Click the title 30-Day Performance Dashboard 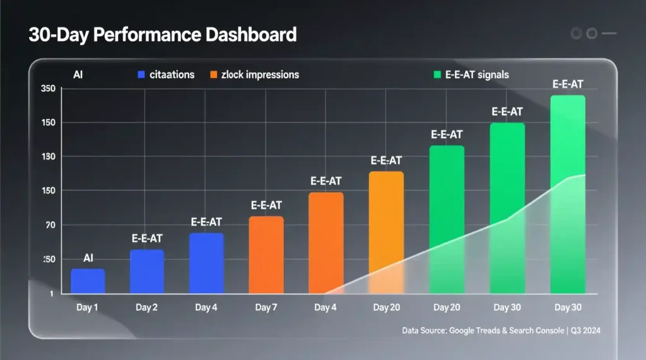(162, 35)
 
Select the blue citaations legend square (141, 75)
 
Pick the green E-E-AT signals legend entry (469, 75)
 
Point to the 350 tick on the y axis (49, 89)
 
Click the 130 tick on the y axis (49, 157)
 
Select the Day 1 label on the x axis (87, 308)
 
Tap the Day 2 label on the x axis (146, 308)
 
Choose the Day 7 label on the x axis (266, 308)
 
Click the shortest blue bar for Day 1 (88, 281)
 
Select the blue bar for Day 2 (147, 272)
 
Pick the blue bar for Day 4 (206, 263)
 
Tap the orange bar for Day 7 (266, 255)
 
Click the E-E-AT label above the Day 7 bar (266, 206)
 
